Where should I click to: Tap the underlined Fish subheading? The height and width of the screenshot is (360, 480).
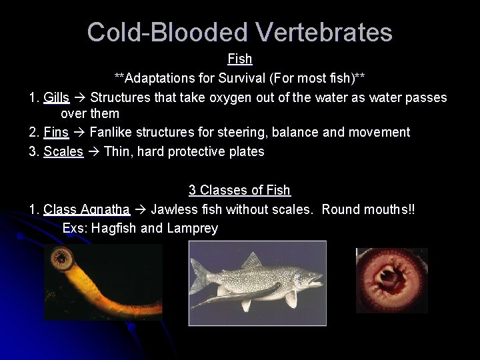pos(239,59)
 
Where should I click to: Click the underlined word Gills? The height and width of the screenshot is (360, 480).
pos(56,98)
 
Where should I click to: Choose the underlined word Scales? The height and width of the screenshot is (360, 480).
pos(63,151)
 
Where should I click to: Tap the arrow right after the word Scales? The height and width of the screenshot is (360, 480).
pos(94,151)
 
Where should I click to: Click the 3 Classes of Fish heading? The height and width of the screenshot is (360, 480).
pos(239,191)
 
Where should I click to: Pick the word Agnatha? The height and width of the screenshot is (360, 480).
pos(105,209)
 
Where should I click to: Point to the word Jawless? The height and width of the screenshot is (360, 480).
pos(173,209)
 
